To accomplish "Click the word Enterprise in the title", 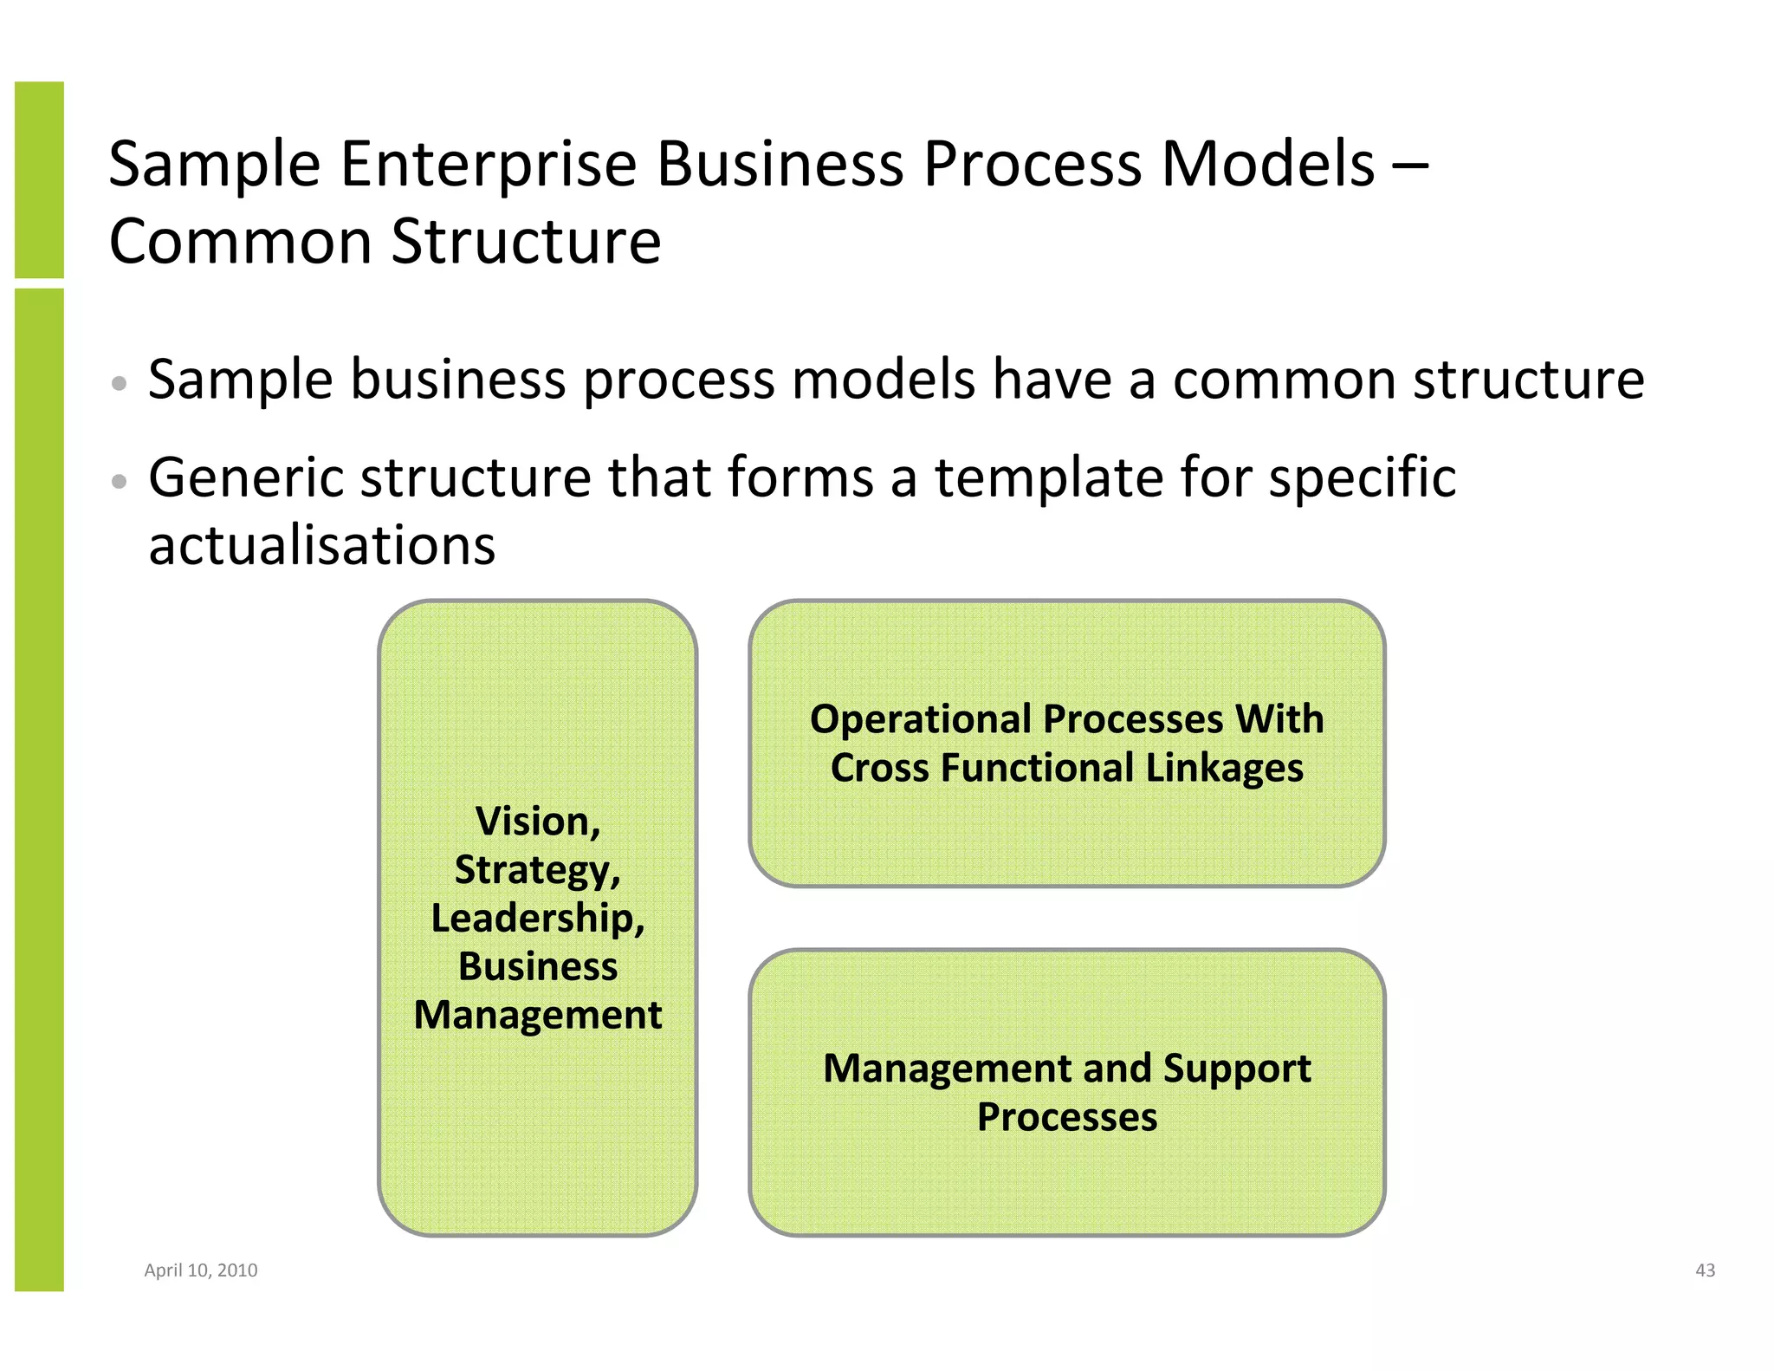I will pos(489,165).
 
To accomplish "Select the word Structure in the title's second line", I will pos(526,242).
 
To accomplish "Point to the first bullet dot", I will pos(120,383).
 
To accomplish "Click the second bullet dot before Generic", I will pos(120,481).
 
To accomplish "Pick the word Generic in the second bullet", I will pos(246,478).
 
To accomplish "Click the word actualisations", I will pos(322,546).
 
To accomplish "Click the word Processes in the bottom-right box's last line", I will pos(1067,1117).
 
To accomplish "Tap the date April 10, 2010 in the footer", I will pos(201,1270).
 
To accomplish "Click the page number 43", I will pos(1705,1270).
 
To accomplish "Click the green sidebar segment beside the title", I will pos(39,179).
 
